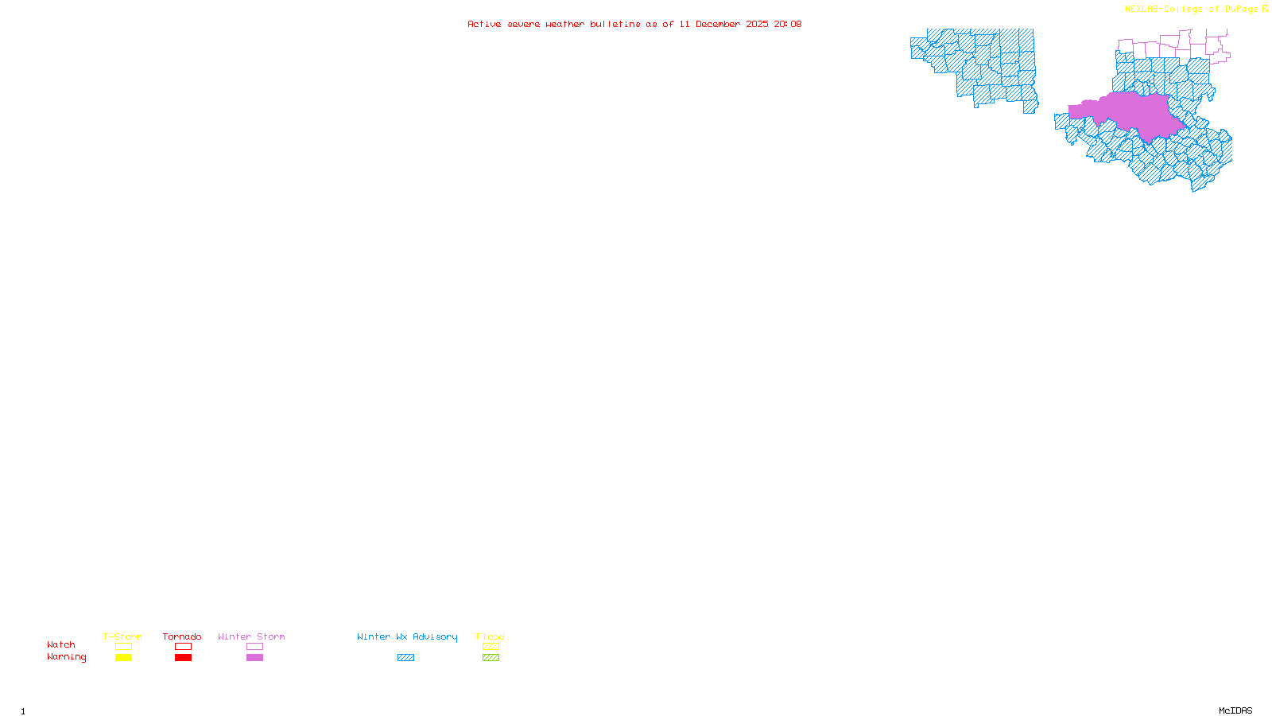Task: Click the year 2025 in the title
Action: click(757, 24)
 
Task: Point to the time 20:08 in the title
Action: click(788, 24)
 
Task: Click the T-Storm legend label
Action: click(122, 636)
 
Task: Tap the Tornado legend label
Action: click(182, 636)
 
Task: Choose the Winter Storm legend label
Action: click(251, 636)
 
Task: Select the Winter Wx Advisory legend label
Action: click(407, 636)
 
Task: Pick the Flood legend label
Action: click(491, 636)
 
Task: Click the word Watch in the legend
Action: click(61, 644)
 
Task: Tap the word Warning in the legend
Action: click(66, 657)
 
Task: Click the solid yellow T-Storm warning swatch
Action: click(123, 658)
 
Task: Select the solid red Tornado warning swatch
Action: click(183, 658)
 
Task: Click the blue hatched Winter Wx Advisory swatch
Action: click(405, 658)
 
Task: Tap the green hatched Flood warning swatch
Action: click(491, 658)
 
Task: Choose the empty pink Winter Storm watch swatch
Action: click(254, 647)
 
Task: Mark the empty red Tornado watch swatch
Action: click(183, 647)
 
